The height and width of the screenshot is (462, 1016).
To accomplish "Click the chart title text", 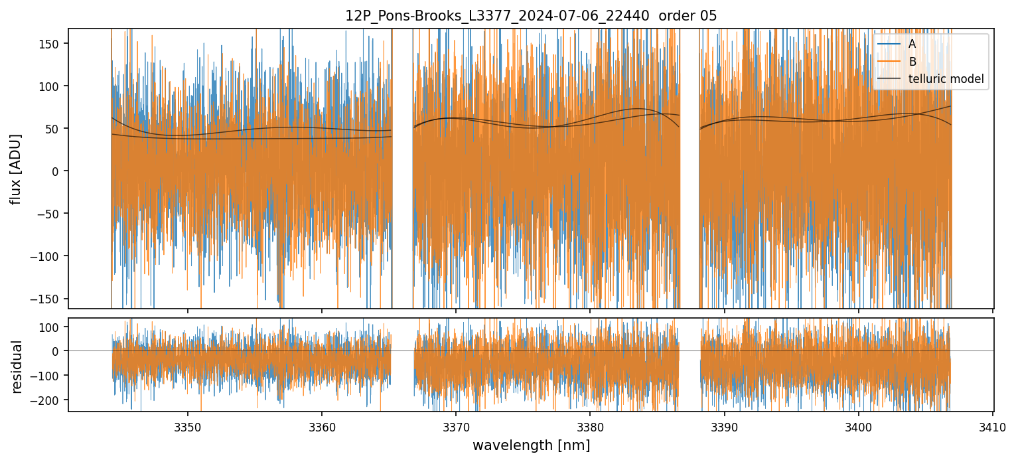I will pyautogui.click(x=531, y=16).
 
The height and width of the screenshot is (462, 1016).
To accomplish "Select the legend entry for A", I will pyautogui.click(x=912, y=44).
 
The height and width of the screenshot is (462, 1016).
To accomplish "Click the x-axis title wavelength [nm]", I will pyautogui.click(x=531, y=445).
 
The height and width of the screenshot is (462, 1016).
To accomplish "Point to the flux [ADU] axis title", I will pyautogui.click(x=16, y=169).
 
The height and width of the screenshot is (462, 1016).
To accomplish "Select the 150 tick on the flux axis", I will pyautogui.click(x=51, y=44).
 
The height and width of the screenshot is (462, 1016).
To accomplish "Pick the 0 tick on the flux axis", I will pyautogui.click(x=56, y=171).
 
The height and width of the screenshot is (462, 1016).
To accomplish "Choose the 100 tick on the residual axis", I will pyautogui.click(x=51, y=327).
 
